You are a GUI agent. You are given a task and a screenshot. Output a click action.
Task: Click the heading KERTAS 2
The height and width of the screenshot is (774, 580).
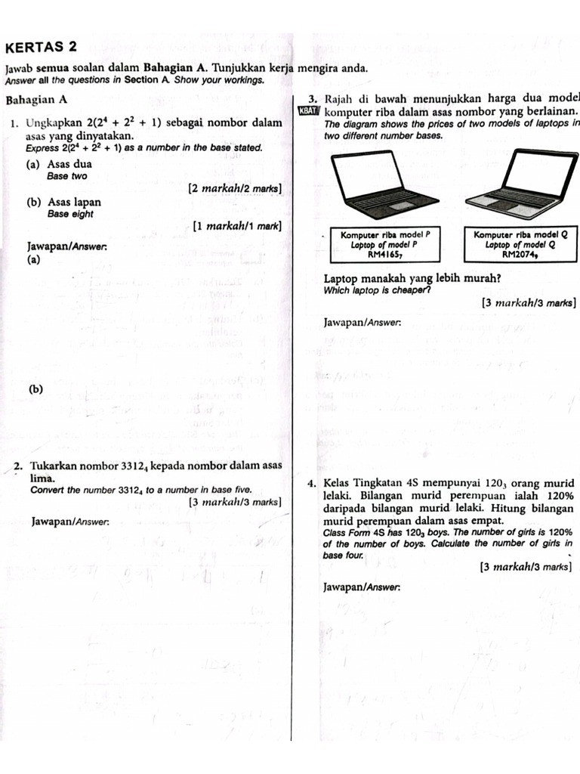pyautogui.click(x=41, y=47)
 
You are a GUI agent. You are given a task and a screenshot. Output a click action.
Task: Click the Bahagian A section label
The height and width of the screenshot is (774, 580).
pyautogui.click(x=36, y=100)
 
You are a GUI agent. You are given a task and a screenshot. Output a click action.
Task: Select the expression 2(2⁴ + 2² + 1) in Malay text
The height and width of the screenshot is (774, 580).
pyautogui.click(x=124, y=122)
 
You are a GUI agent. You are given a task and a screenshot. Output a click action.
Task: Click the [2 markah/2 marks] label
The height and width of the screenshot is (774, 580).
pyautogui.click(x=236, y=187)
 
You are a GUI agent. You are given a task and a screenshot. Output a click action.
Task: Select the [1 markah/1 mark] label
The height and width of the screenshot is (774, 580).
pyautogui.click(x=237, y=225)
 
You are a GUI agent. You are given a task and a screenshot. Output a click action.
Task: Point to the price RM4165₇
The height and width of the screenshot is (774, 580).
pyautogui.click(x=384, y=255)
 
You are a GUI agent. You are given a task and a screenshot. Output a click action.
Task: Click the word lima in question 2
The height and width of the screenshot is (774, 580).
pyautogui.click(x=42, y=478)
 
